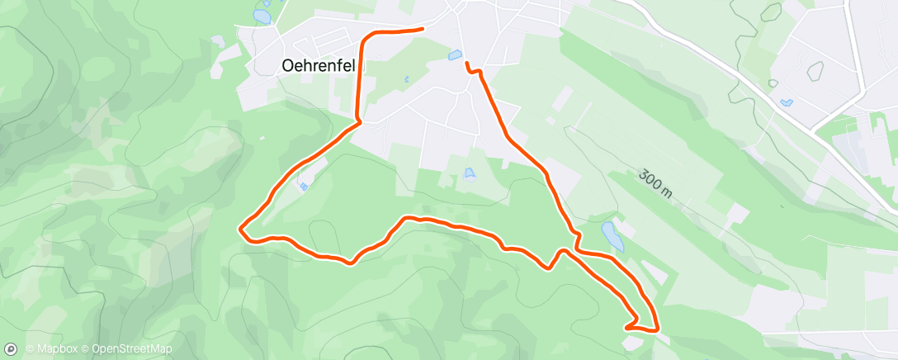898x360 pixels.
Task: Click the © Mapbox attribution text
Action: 52,349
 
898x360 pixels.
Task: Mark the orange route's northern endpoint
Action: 422,29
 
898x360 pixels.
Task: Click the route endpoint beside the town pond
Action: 467,64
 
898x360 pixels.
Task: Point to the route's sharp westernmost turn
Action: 240,229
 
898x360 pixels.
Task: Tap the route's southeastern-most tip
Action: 657,329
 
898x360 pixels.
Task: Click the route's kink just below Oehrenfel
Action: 360,123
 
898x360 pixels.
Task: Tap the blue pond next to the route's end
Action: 454,56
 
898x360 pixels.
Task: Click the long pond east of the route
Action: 612,235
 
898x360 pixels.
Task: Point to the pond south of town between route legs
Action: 470,173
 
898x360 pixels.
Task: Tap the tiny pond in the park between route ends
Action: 406,80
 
